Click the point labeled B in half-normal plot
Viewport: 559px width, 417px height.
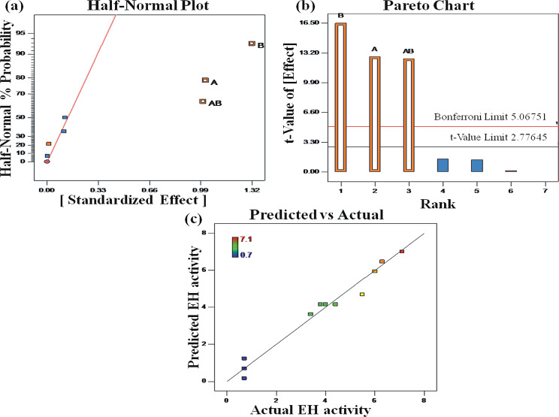252,44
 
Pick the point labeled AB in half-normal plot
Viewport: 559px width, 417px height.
202,101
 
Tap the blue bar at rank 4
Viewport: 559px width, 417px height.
443,165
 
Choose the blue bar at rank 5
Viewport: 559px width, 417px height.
476,165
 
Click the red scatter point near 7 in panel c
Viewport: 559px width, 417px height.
402,251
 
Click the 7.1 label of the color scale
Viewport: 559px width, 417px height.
245,239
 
